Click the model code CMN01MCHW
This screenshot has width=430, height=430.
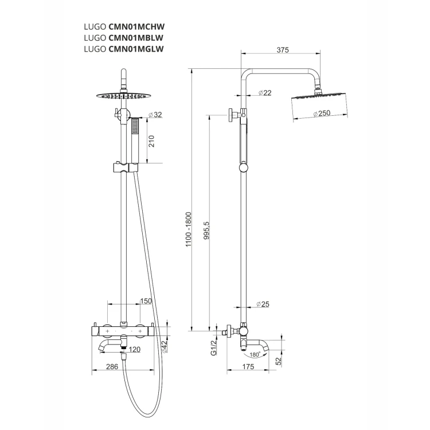(136, 26)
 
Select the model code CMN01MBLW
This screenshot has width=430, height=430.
(136, 38)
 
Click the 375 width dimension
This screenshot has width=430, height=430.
(283, 50)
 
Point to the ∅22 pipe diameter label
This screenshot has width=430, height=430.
(265, 93)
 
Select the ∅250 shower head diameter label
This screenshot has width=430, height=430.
(322, 113)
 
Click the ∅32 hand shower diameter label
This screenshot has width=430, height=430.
(155, 115)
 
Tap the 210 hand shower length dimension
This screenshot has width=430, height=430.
(152, 141)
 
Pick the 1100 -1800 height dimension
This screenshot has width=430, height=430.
(189, 229)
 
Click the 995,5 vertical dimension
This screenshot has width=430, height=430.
(207, 230)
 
